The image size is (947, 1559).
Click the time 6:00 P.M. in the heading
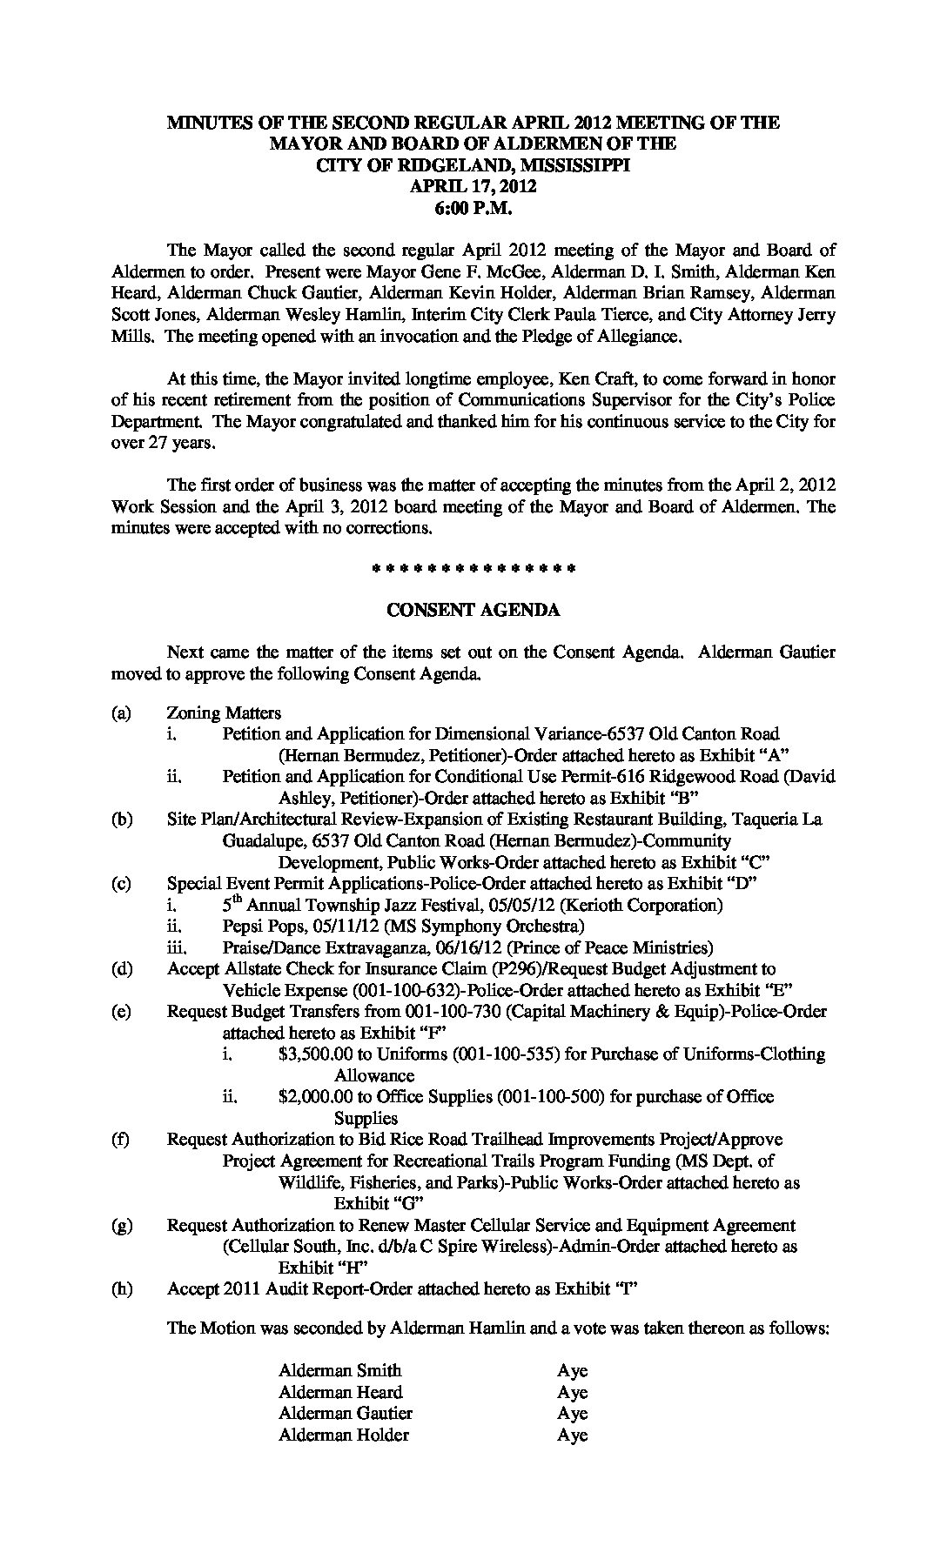(473, 208)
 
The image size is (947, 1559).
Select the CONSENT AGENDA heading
(473, 611)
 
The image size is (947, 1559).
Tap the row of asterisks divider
(473, 570)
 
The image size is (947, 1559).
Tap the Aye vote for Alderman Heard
(573, 1393)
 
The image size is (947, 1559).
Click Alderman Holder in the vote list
(343, 1435)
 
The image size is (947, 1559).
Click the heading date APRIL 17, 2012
(473, 186)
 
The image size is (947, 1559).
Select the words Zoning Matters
(224, 713)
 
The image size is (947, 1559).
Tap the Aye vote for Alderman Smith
(573, 1371)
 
